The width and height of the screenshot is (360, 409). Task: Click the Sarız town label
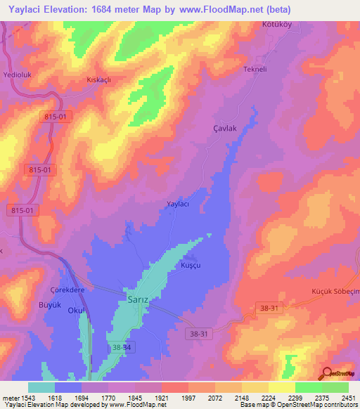click(138, 297)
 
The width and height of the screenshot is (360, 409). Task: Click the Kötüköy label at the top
click(268, 26)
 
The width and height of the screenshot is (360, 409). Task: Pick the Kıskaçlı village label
click(99, 79)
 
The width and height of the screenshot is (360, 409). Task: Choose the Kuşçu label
click(191, 266)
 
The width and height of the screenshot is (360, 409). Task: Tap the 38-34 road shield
click(122, 347)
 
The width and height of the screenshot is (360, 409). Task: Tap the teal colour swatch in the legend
click(41, 387)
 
